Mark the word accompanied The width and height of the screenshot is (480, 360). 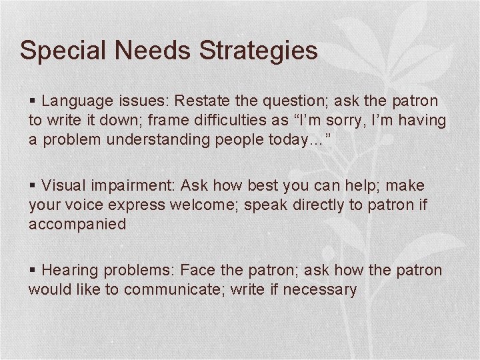tap(77, 224)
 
